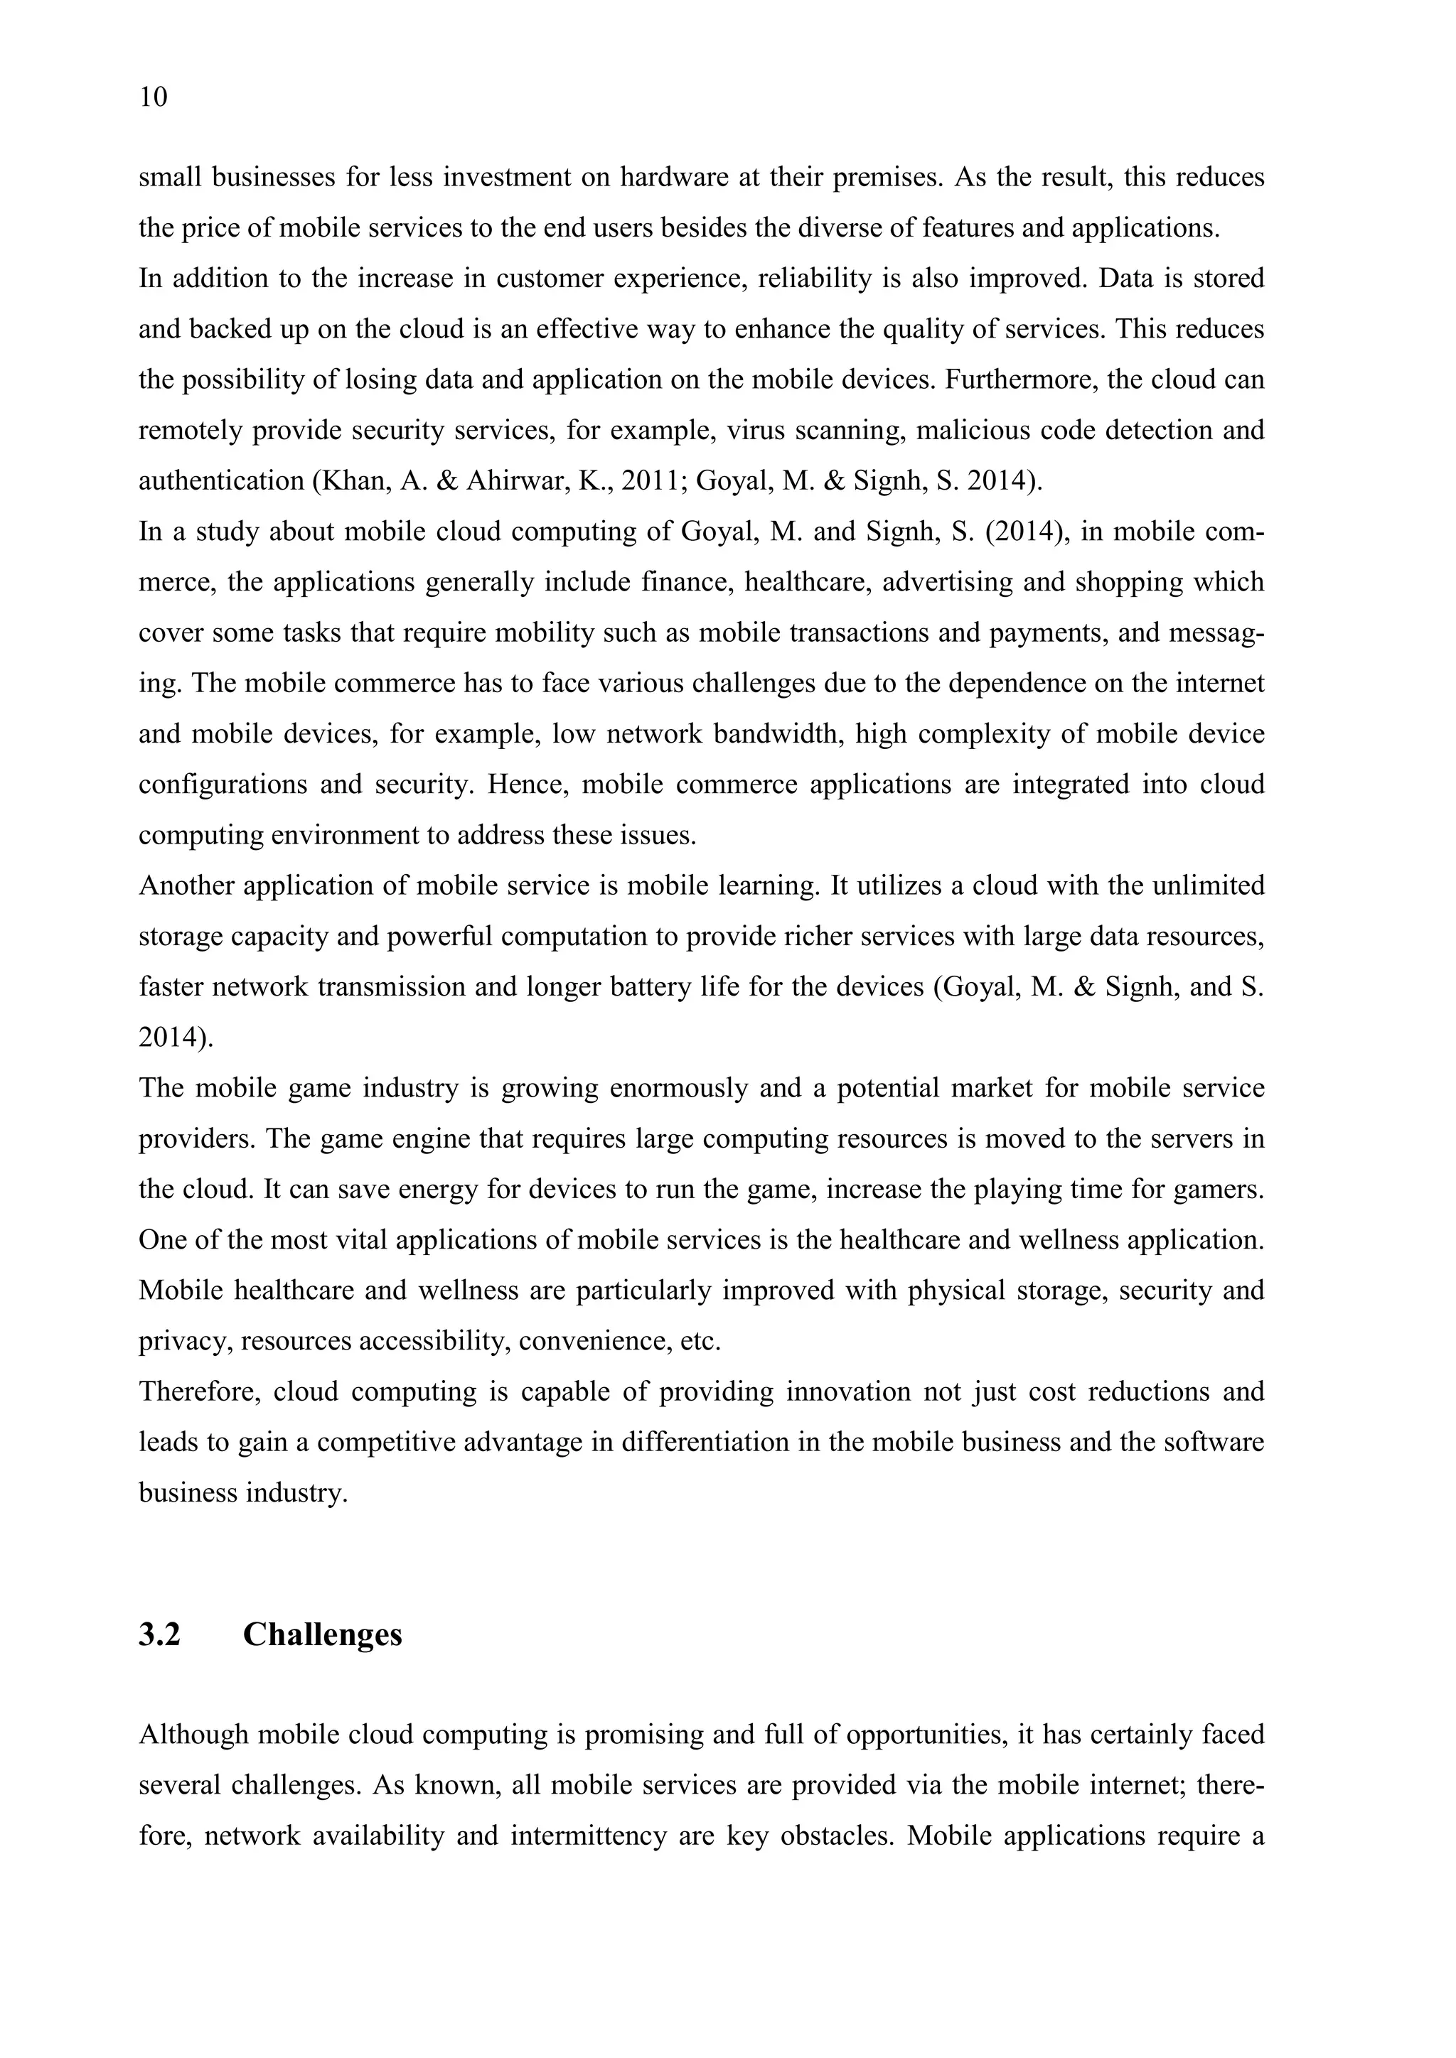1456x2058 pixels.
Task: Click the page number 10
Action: [x=154, y=97]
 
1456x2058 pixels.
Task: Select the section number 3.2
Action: [x=159, y=1635]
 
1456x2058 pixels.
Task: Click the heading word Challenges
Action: [x=322, y=1635]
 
